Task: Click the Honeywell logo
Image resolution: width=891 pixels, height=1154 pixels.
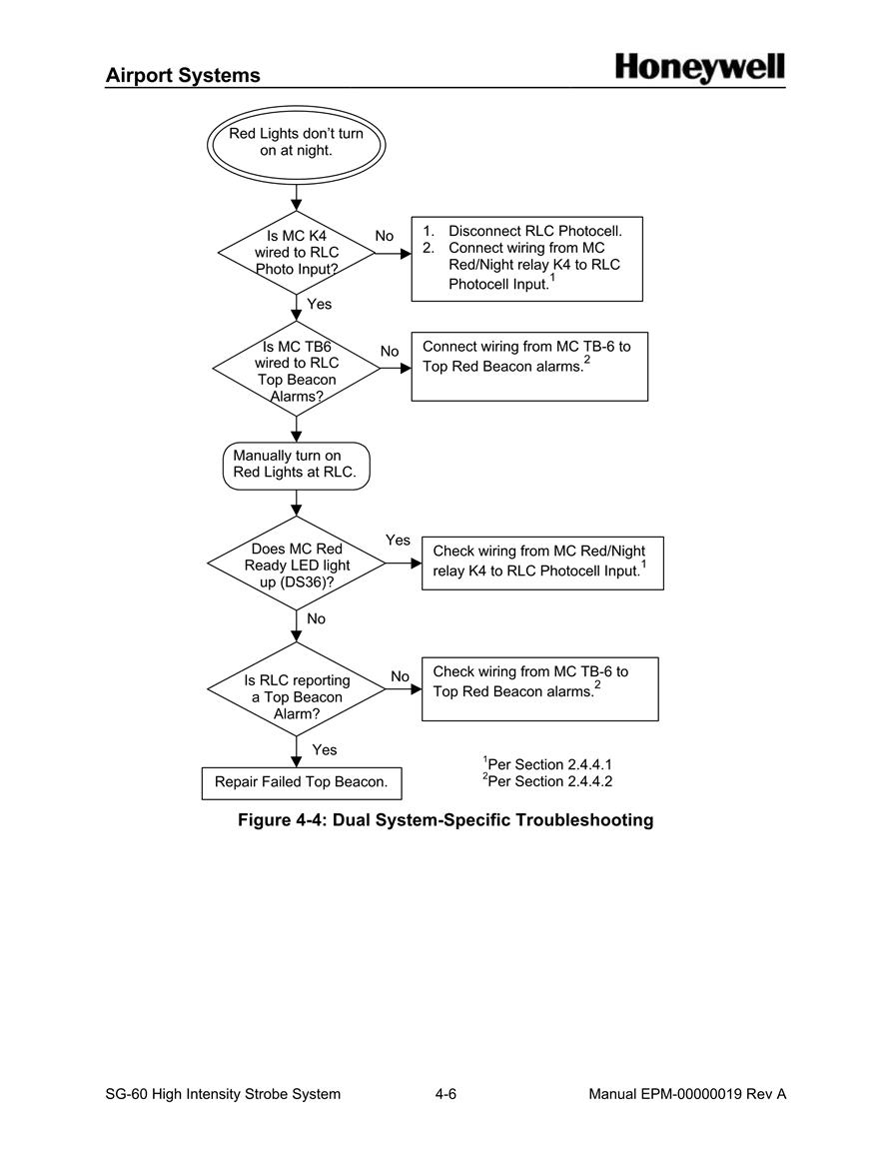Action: pyautogui.click(x=699, y=69)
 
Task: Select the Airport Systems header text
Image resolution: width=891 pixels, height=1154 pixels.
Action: pyautogui.click(x=183, y=75)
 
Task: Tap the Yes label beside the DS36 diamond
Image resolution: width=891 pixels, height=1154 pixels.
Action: pyautogui.click(x=398, y=541)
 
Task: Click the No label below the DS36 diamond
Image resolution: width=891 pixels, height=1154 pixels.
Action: pyautogui.click(x=317, y=618)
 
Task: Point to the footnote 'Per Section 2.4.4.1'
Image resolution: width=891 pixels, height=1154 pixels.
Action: pyautogui.click(x=547, y=764)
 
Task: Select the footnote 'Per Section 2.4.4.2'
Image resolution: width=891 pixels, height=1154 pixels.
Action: pyautogui.click(x=547, y=781)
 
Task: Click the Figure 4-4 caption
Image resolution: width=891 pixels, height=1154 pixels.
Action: pyautogui.click(x=445, y=820)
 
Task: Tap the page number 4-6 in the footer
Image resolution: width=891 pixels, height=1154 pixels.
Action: pyautogui.click(x=445, y=1094)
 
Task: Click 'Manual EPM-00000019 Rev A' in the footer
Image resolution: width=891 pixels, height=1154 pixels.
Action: pyautogui.click(x=687, y=1094)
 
